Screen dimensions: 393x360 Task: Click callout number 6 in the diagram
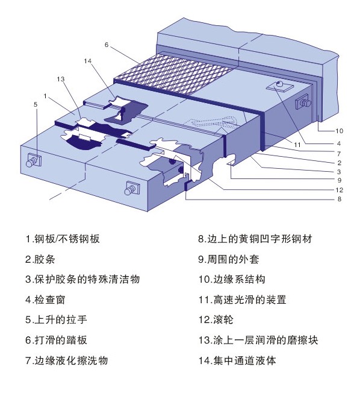coord(106,45)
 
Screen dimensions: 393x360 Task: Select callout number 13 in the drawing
coord(60,79)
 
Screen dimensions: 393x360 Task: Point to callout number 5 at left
coord(36,104)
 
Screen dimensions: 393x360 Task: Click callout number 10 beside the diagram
coord(339,131)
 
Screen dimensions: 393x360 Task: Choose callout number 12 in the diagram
coord(339,189)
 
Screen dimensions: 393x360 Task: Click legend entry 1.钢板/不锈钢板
coord(63,239)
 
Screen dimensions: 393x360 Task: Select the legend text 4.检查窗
coord(48,299)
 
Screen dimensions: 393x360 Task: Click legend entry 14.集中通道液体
coord(238,360)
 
